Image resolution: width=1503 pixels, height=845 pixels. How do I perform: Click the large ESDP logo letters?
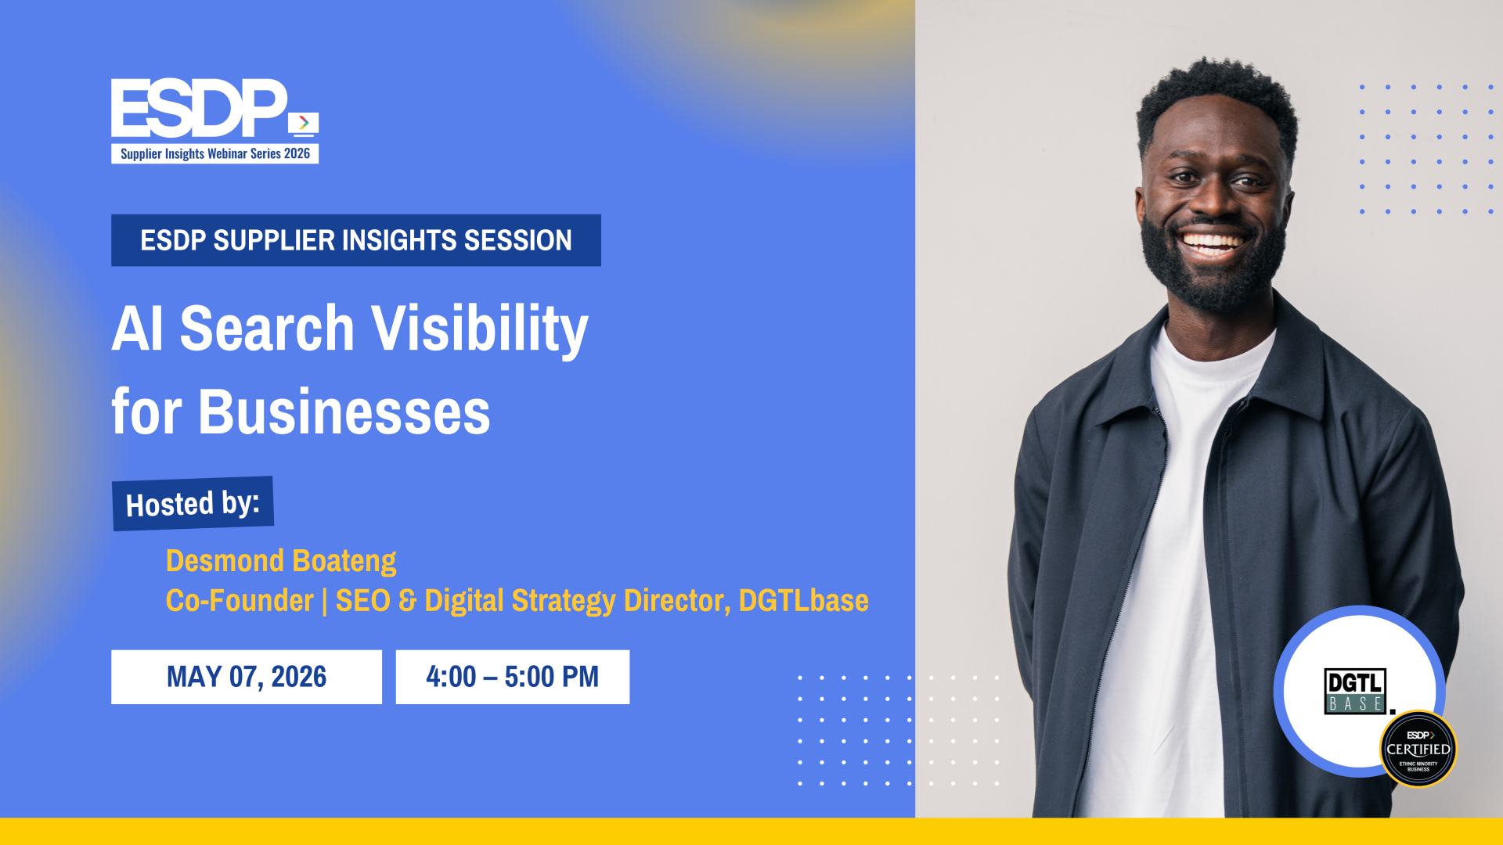coord(200,108)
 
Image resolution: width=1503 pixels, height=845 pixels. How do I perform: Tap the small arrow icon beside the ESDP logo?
coord(304,124)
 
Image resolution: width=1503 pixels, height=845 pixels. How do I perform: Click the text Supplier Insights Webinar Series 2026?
coord(215,153)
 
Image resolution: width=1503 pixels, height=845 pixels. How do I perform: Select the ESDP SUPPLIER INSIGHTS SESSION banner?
coord(356,240)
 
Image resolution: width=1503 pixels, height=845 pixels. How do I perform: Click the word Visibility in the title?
coord(479,329)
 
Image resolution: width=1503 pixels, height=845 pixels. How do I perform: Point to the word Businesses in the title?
coord(344,412)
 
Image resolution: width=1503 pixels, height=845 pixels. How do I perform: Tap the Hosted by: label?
coord(193,504)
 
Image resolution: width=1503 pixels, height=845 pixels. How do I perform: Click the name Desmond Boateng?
coord(281,560)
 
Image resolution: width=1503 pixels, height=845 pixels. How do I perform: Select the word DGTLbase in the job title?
coord(804,600)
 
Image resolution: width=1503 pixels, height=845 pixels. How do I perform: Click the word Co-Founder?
coord(240,600)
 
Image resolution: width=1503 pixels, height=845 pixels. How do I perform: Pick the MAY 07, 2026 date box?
coord(247,677)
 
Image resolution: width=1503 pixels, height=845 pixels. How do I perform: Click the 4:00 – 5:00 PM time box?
coord(513,677)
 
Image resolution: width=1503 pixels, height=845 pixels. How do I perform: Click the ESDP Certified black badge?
coord(1418,749)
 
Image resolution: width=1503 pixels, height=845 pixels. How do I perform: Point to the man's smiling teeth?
coord(1211,243)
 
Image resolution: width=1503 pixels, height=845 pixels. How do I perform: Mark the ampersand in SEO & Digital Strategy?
coord(407,600)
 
